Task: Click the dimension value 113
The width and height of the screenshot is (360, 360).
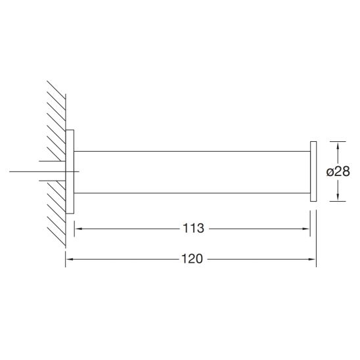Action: click(x=193, y=229)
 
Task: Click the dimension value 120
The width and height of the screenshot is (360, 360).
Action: click(x=192, y=259)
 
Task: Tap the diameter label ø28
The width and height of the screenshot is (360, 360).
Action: click(x=338, y=171)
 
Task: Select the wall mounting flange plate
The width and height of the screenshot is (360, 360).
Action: click(x=70, y=171)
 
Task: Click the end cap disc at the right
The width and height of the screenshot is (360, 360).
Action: click(x=313, y=171)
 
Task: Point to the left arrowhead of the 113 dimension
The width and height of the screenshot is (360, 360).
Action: click(x=79, y=229)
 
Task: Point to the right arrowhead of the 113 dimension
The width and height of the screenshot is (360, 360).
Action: click(x=306, y=229)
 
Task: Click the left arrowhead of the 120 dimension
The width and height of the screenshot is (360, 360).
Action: click(x=70, y=259)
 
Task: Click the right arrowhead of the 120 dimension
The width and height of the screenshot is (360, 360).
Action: click(x=312, y=259)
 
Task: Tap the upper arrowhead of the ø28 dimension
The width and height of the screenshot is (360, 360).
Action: click(x=338, y=146)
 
